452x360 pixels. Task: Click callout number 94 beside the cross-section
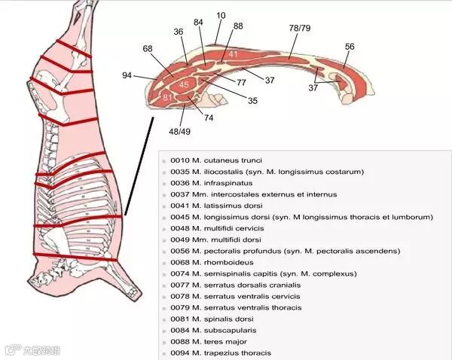127,75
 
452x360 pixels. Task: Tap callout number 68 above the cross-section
148,49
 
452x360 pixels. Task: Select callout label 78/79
300,28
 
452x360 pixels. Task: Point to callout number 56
350,47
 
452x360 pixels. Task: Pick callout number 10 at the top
221,14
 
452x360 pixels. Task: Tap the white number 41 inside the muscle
234,54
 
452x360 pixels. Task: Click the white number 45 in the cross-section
184,84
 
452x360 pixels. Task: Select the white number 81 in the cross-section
167,98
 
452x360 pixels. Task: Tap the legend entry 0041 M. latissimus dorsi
215,206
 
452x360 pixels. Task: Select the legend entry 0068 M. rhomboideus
206,262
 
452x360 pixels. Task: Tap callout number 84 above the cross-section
198,23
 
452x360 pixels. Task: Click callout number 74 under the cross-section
209,118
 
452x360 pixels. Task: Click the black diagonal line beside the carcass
140,166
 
